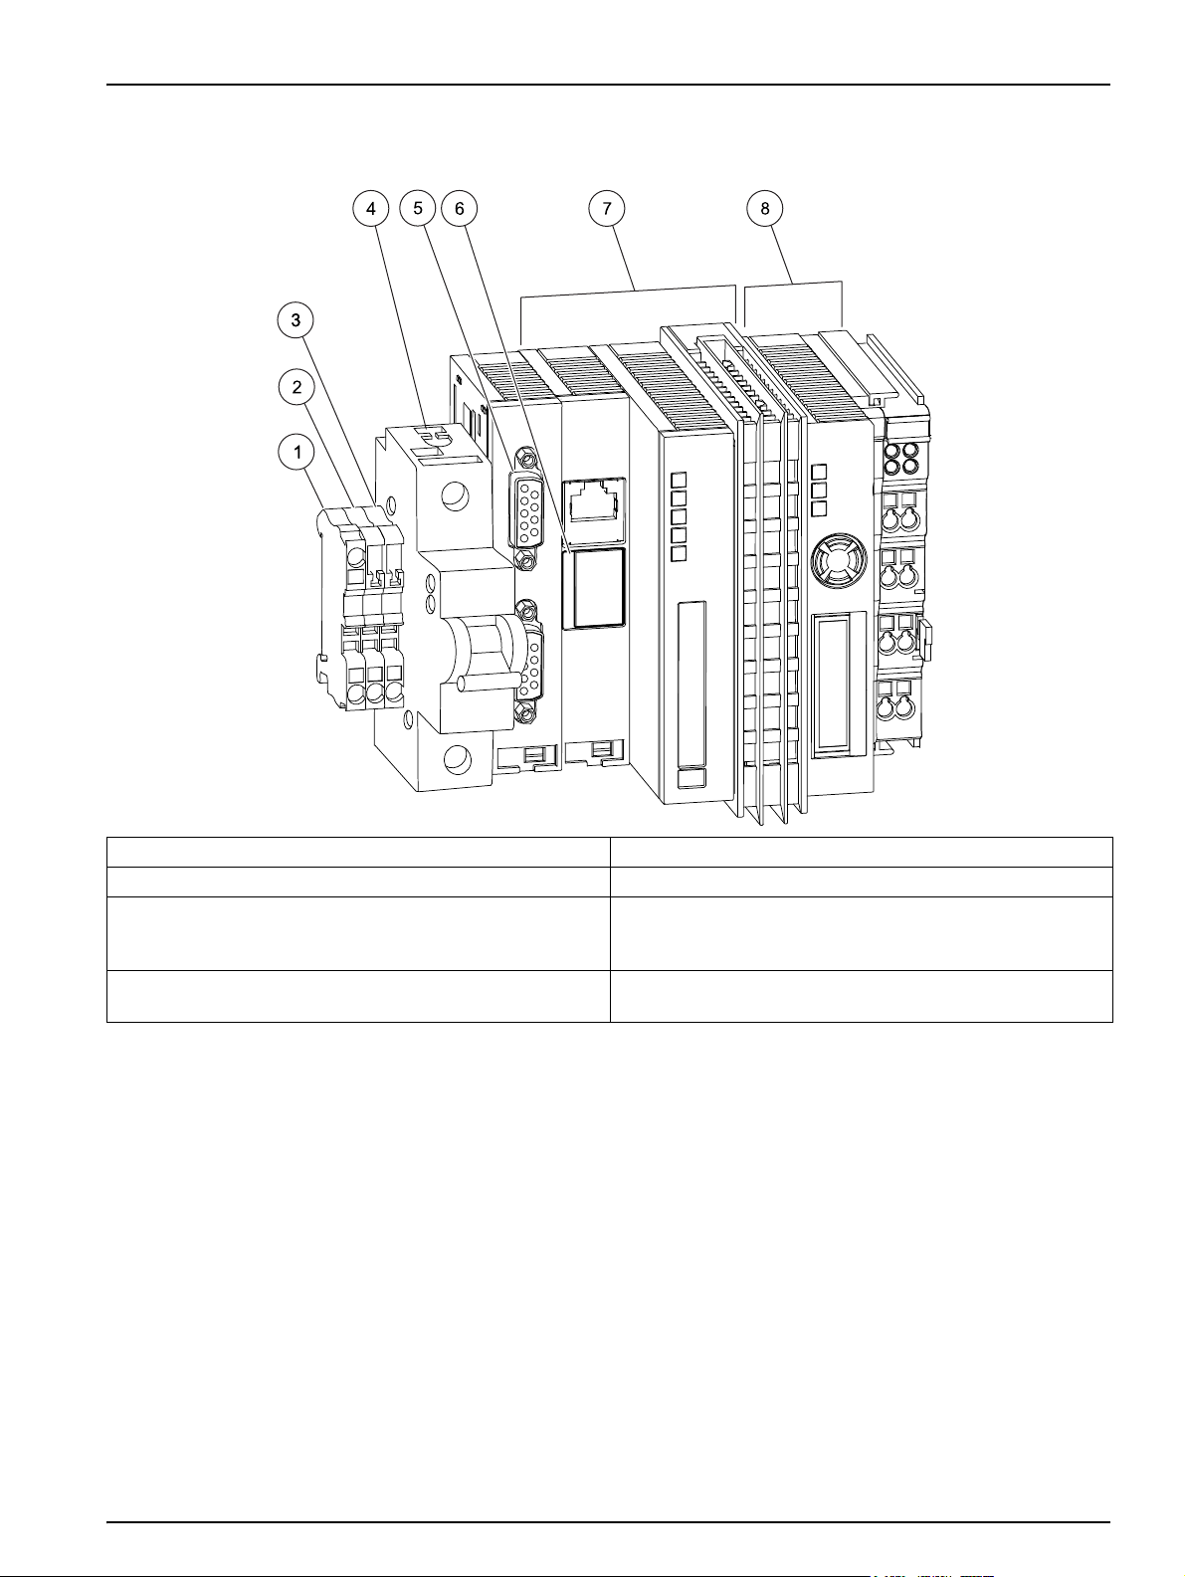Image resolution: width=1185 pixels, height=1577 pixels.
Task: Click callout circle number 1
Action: [x=296, y=453]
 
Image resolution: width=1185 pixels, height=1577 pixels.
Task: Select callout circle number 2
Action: [x=296, y=388]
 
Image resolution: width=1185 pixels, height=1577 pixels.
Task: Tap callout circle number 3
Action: [x=296, y=319]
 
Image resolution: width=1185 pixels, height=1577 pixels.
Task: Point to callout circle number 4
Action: [x=370, y=208]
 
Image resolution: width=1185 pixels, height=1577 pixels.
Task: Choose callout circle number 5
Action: [x=418, y=208]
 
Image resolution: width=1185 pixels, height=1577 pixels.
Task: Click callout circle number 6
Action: [x=460, y=208]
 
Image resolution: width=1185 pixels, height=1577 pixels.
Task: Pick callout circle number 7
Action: [x=607, y=208]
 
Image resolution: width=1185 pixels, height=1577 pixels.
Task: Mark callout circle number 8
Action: [x=765, y=208]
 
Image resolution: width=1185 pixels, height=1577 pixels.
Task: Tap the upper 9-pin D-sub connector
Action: [x=526, y=509]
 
